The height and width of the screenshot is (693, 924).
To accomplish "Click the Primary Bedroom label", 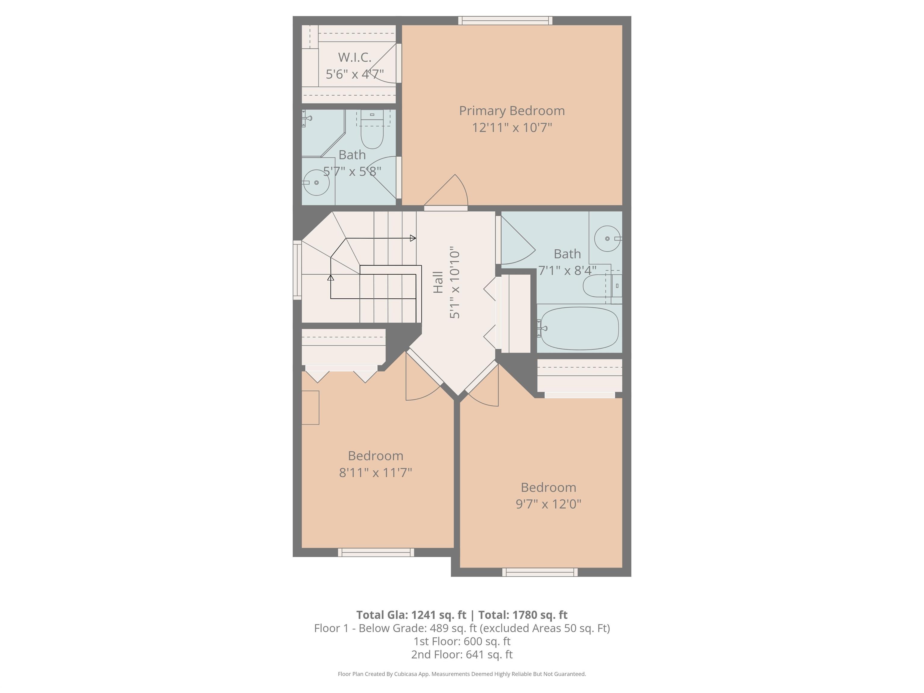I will coord(512,111).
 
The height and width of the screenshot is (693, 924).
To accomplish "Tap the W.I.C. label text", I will coord(354,57).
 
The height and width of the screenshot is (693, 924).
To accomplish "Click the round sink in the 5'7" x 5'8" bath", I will coord(316,183).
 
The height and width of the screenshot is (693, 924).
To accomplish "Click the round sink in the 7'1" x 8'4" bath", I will coord(607,239).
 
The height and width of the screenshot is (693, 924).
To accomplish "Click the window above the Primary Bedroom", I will coord(505,20).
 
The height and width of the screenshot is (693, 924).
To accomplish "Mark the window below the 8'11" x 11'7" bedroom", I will coord(376,552).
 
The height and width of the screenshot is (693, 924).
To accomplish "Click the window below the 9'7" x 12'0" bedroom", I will coord(540,572).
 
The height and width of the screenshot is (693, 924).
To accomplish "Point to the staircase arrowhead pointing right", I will coord(413,238).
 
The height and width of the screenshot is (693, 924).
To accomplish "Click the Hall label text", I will coord(438,282).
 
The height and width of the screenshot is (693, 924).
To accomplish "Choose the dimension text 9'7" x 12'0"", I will coord(548,504).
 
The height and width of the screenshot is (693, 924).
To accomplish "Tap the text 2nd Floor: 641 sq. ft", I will coord(462,654).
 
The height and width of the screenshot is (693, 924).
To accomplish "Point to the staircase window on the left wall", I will coord(297,270).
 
